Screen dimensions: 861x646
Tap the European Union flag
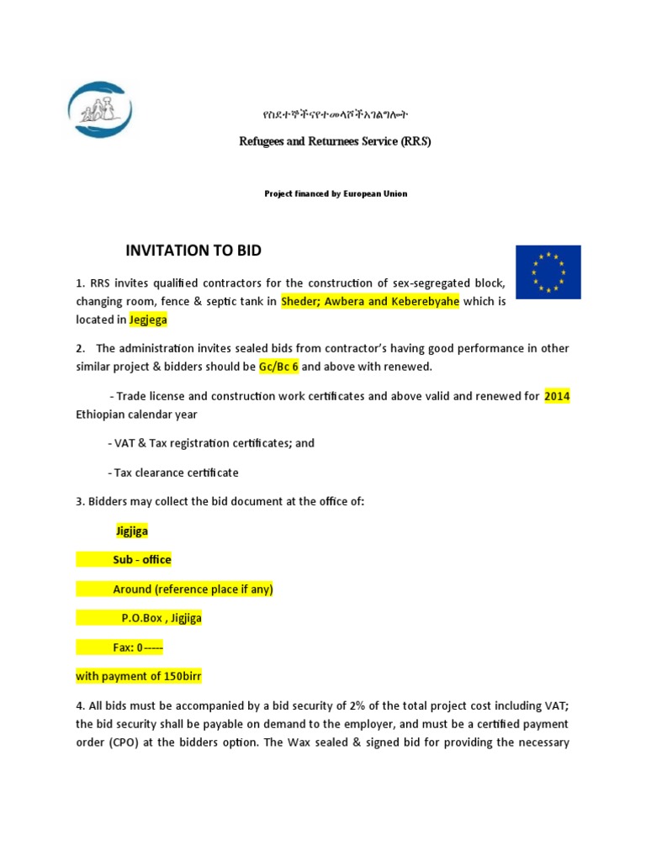tap(548, 271)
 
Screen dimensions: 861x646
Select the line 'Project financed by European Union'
tap(335, 193)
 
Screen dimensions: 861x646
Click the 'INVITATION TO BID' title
tap(193, 251)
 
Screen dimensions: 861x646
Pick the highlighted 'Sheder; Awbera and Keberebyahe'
tap(369, 302)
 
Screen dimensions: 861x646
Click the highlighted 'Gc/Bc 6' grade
tap(278, 367)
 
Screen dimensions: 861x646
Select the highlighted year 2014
tap(557, 396)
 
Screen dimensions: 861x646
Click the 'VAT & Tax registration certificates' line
tap(211, 443)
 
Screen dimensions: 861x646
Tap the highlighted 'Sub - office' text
tap(141, 560)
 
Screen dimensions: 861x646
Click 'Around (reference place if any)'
tap(193, 589)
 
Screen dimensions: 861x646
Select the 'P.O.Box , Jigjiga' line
tap(161, 619)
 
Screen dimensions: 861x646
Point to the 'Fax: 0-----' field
tap(138, 647)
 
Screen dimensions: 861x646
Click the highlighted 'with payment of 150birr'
tap(139, 676)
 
